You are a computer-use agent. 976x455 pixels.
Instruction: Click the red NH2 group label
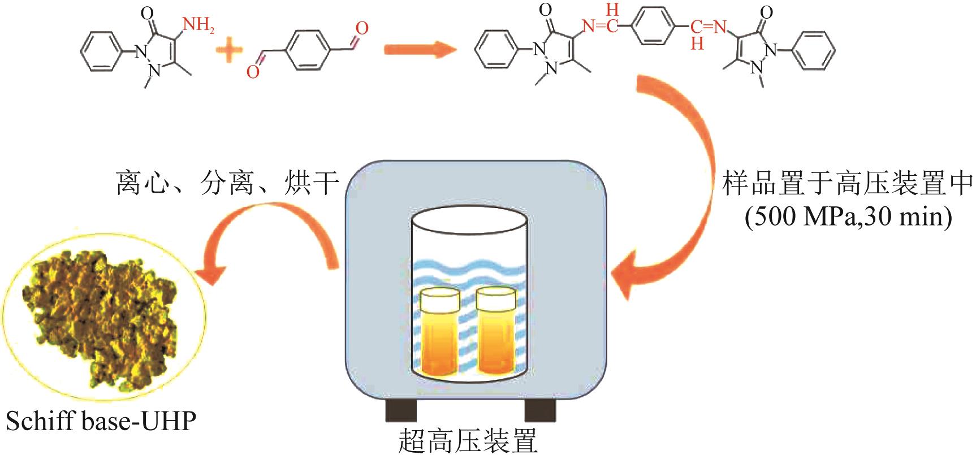click(x=198, y=25)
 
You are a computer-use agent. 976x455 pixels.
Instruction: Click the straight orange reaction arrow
click(x=420, y=50)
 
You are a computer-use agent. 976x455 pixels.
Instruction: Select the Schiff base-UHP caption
click(x=101, y=422)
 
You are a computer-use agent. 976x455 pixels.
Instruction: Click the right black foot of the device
click(x=539, y=410)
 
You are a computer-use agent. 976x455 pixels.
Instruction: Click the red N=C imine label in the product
click(x=601, y=25)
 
